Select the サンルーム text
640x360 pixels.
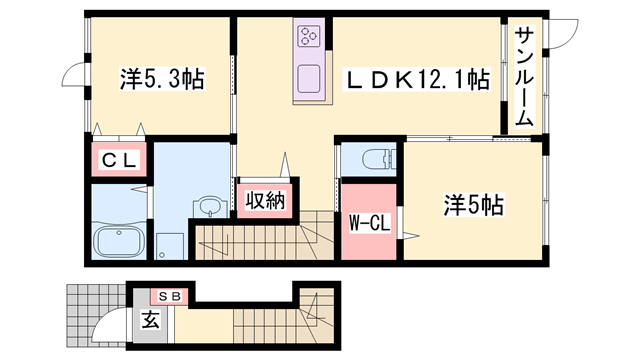click(524, 75)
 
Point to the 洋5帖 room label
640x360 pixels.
click(474, 206)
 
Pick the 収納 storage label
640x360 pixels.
click(266, 199)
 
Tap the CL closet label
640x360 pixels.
click(118, 160)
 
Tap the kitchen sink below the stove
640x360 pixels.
click(307, 76)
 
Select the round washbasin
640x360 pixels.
click(210, 207)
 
